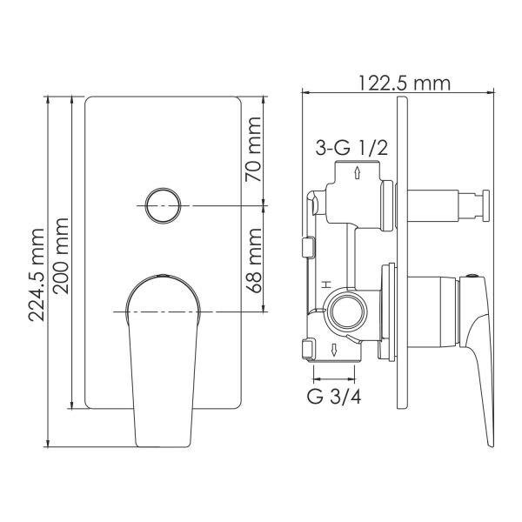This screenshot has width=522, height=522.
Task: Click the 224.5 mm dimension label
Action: tap(37, 275)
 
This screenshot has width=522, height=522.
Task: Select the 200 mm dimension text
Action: tap(61, 256)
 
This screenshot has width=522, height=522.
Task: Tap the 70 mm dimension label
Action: tap(253, 149)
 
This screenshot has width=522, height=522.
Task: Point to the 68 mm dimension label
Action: tap(254, 260)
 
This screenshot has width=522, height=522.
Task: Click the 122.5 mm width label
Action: tap(405, 84)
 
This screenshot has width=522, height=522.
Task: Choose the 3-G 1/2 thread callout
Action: tap(351, 148)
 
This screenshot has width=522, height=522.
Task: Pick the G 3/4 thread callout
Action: tap(334, 397)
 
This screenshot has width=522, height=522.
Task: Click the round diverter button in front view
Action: tap(164, 205)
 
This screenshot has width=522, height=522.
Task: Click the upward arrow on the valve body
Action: tap(358, 173)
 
